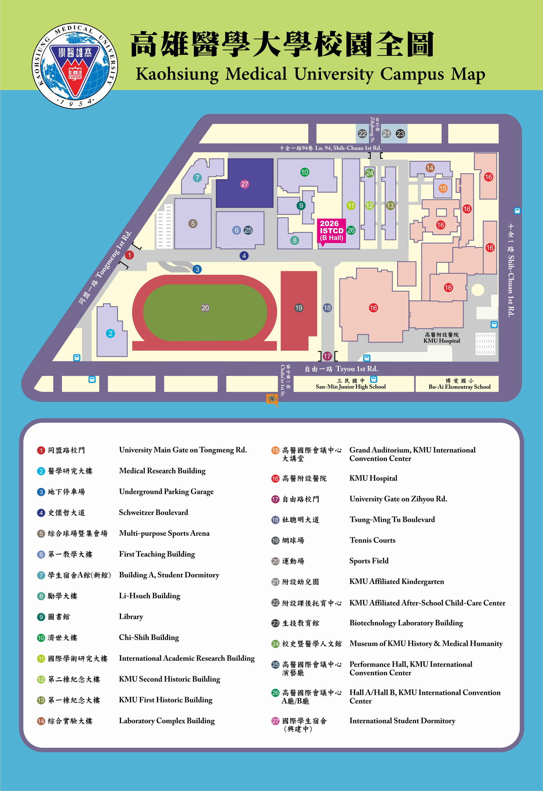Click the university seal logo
(75, 66)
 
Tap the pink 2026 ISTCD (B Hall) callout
(332, 231)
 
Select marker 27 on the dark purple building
(245, 184)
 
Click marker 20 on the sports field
(205, 308)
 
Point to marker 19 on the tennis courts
(298, 308)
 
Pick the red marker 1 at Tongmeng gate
(129, 255)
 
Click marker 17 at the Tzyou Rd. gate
(327, 356)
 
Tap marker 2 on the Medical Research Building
(110, 334)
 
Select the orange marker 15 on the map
(443, 188)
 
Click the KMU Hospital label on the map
(442, 338)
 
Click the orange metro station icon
(272, 399)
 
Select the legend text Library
(131, 617)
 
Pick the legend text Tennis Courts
(372, 540)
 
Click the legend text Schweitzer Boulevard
(154, 512)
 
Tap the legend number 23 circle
(275, 623)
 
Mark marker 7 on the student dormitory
(197, 177)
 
